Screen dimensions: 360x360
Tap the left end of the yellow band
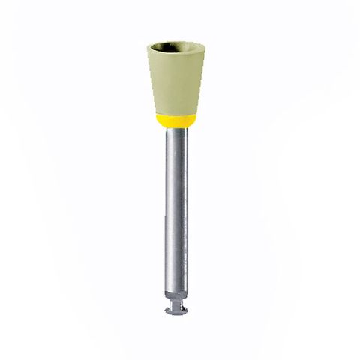[x=160, y=121]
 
